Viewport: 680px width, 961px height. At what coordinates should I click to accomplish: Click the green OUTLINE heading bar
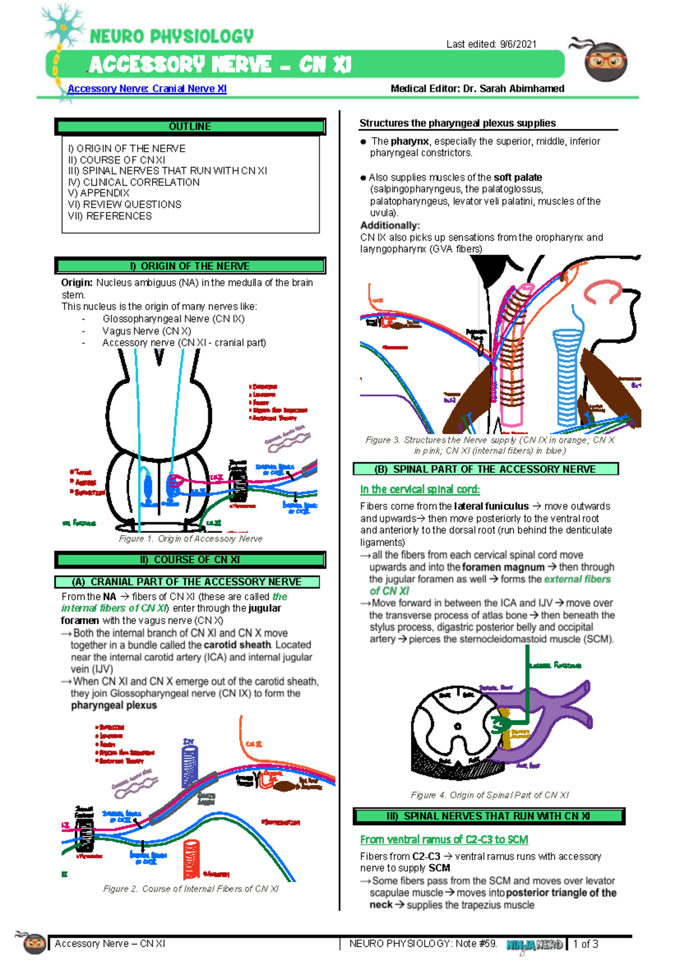(190, 126)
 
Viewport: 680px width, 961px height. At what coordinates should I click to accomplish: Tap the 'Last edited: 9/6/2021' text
(491, 44)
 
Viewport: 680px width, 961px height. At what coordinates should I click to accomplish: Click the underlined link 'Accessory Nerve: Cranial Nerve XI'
(147, 88)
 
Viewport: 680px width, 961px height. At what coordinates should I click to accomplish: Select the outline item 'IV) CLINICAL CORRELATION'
(134, 182)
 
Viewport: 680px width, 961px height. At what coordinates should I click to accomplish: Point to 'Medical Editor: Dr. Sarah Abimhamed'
(477, 88)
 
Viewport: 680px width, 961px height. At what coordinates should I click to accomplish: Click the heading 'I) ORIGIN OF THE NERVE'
(190, 266)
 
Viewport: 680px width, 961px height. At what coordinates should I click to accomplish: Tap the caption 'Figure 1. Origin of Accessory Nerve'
(190, 538)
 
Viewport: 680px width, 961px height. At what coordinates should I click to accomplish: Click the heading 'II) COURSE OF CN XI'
(190, 559)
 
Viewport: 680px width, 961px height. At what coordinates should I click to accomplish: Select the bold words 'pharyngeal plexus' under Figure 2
(113, 705)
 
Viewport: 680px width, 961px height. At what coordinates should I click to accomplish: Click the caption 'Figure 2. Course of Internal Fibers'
(190, 888)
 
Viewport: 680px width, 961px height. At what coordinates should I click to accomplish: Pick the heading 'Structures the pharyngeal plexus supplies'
(457, 123)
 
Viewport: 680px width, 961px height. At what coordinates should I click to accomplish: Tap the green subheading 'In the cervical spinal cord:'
(419, 489)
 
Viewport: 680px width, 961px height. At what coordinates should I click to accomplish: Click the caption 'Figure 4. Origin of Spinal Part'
(490, 795)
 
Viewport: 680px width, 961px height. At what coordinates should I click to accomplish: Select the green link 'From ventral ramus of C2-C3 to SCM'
(444, 839)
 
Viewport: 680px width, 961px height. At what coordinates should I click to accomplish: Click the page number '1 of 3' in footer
(585, 944)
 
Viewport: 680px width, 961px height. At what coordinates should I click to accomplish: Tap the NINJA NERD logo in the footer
(534, 945)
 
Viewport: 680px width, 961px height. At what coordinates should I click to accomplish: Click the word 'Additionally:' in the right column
(389, 225)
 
